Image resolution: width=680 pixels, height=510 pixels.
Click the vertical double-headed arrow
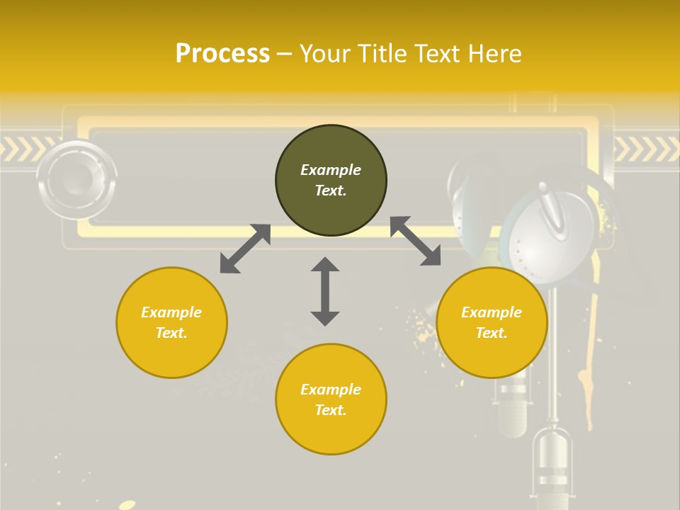coord(325,291)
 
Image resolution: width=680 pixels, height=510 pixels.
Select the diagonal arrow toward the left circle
coord(245,249)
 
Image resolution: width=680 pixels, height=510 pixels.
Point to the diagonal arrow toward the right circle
coord(416,242)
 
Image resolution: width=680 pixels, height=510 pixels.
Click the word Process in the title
coord(222,53)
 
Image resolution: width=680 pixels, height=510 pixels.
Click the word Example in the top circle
coord(331,170)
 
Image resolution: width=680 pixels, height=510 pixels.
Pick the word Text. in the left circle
coord(171,333)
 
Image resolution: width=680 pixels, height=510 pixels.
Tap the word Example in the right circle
coord(492,312)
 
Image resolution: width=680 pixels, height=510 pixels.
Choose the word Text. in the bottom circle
coord(331,410)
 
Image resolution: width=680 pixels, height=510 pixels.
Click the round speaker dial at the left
coord(77,179)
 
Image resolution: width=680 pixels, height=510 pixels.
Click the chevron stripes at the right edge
coord(646,149)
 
